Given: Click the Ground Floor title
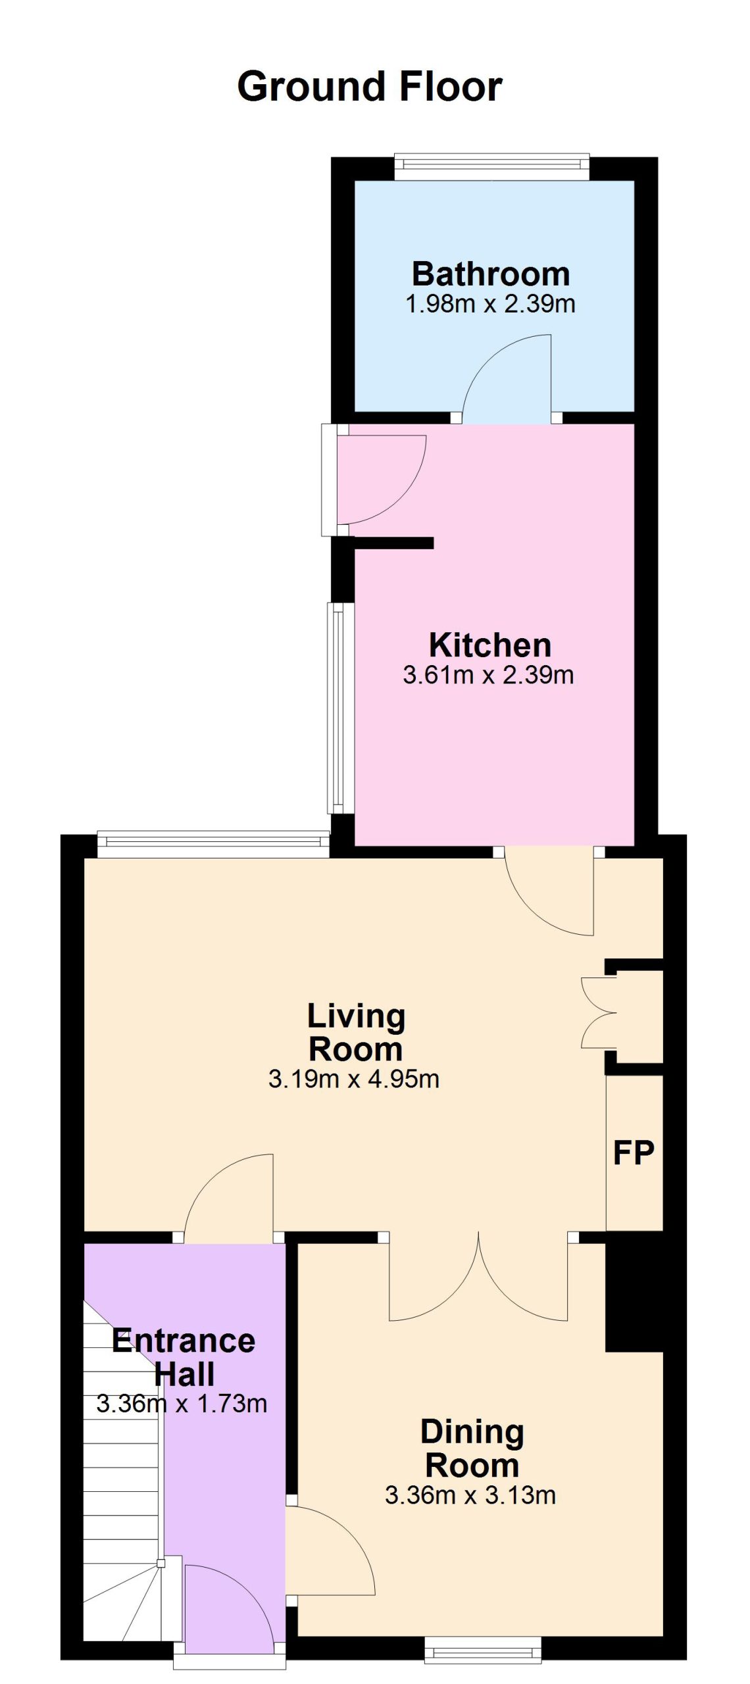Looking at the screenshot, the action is point(370,87).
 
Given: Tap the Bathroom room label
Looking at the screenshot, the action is point(491,274).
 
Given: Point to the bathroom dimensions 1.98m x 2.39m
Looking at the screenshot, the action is point(491,305).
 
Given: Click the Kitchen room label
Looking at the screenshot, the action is point(490,645).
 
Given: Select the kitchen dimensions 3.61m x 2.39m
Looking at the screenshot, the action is point(488,676).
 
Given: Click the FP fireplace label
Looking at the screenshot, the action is point(634,1152).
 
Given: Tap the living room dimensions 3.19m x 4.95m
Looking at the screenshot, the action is point(354,1079).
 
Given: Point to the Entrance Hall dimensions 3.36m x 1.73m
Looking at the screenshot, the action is point(182,1404).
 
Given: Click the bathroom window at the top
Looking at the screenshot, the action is point(491,166).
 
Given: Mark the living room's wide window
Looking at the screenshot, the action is point(213,845).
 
